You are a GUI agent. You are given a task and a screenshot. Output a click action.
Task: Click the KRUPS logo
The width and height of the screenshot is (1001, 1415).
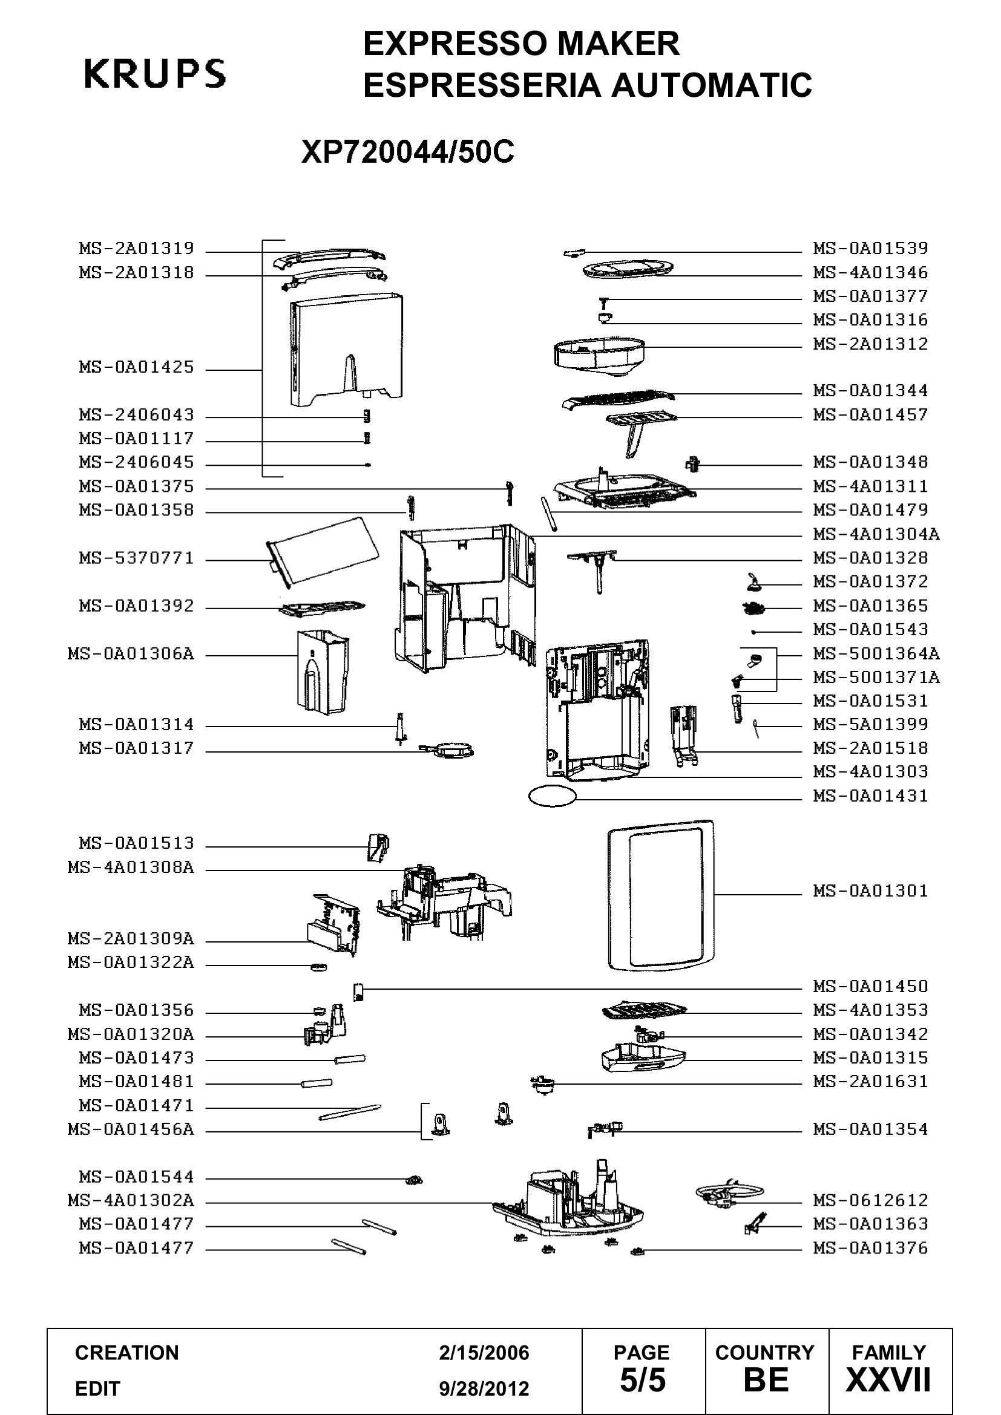155,73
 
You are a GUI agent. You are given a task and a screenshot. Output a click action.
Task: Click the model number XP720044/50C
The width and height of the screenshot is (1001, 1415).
407,152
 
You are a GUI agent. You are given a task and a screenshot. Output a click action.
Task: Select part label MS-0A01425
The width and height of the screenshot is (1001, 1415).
136,367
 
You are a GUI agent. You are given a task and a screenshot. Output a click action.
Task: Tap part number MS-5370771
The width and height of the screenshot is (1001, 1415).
136,558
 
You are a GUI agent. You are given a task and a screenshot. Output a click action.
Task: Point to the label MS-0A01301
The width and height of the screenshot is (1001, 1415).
870,891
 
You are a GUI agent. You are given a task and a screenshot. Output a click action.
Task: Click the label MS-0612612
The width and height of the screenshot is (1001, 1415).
870,1200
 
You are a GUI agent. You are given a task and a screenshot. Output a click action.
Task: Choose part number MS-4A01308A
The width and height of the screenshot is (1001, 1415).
131,868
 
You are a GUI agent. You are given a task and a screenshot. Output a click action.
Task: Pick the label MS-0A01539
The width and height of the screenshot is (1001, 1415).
870,249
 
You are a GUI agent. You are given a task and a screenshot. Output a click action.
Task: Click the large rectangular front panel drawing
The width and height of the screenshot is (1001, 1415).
660,895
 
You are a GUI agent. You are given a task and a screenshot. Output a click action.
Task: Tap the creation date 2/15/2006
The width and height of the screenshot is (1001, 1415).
484,1353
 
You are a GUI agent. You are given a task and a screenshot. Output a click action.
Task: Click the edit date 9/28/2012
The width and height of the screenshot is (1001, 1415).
484,1388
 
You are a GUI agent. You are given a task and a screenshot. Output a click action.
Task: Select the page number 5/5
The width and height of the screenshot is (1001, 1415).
642,1380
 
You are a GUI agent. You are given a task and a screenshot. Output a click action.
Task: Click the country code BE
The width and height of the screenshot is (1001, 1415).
766,1380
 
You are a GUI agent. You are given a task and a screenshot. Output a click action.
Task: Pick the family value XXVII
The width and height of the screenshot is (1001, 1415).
888,1380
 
